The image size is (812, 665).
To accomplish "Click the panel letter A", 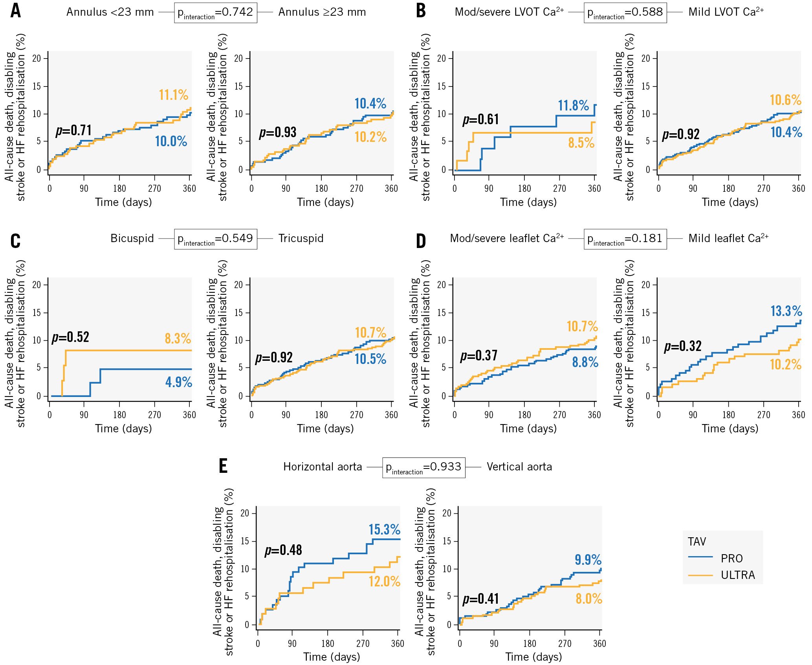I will (16, 11).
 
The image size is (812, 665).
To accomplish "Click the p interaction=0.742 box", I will (215, 13).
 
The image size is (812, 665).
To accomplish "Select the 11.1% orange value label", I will (173, 95).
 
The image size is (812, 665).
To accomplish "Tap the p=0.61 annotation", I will (480, 119).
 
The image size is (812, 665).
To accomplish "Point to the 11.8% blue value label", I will (573, 105).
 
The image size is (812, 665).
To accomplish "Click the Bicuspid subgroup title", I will (132, 238).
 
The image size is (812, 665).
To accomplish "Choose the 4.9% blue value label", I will (178, 382).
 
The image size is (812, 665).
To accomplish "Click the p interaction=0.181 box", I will (625, 239).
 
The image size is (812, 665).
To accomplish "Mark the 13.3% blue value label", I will (786, 311).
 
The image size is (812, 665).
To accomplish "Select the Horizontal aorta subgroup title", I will (323, 467).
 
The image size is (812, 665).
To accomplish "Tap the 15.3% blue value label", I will (384, 529).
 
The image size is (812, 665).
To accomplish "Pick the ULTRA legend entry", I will (737, 575).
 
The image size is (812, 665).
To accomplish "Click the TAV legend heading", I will (697, 542).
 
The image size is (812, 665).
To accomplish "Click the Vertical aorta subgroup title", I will (519, 467).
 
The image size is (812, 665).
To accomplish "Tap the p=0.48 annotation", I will (283, 550).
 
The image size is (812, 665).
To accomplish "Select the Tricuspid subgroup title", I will (301, 238).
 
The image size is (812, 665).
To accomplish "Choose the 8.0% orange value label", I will (588, 599).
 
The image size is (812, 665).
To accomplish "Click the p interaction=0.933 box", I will (423, 467).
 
